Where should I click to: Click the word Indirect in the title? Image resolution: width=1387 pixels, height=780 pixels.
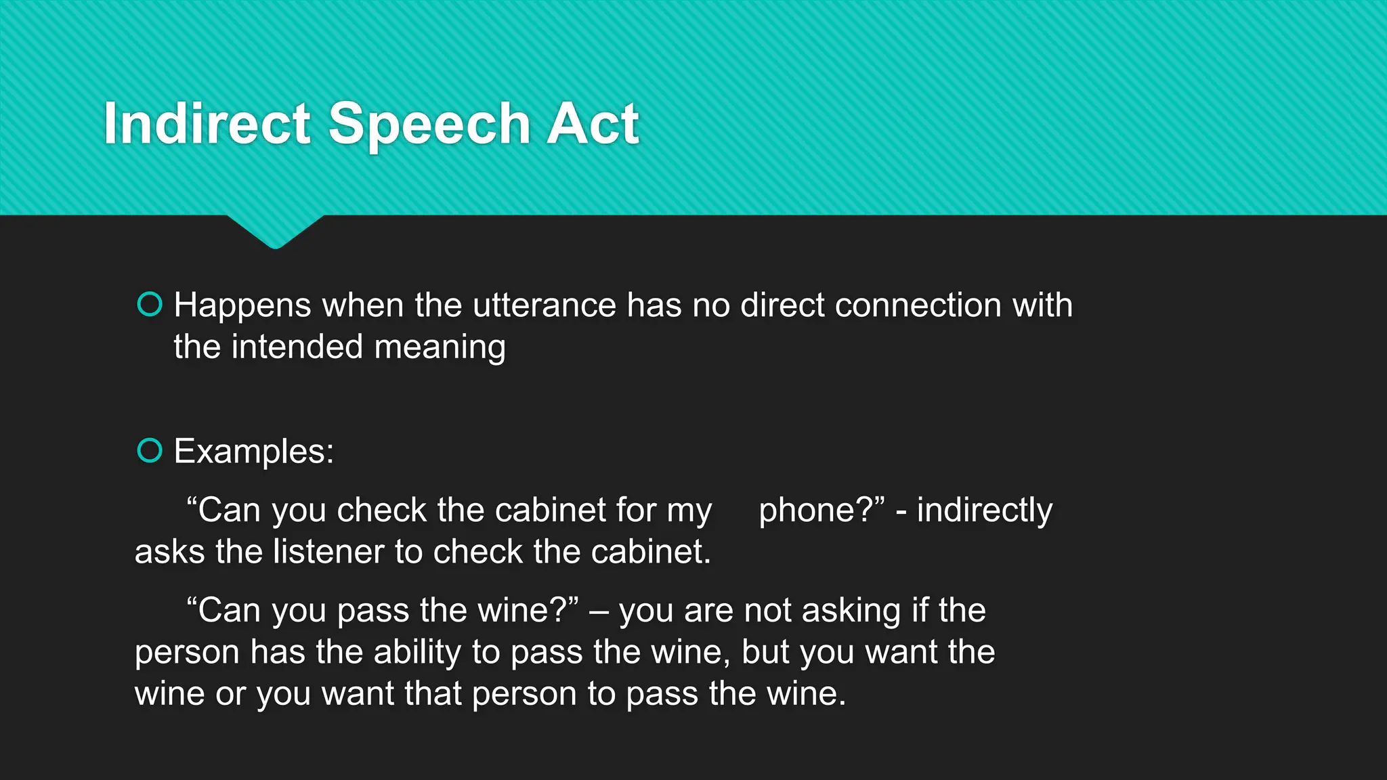[x=207, y=123]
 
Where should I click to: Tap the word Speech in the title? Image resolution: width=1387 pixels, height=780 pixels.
[x=429, y=125]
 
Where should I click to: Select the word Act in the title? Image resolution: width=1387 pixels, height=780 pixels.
[x=593, y=123]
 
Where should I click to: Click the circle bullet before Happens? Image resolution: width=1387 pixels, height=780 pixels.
[x=150, y=305]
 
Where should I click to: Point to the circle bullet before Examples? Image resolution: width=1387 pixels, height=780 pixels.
[x=150, y=451]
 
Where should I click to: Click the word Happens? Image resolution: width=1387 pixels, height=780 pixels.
[x=242, y=306]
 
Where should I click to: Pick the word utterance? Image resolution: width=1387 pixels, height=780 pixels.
[x=545, y=305]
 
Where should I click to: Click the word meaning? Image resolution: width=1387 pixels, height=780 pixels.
[x=440, y=348]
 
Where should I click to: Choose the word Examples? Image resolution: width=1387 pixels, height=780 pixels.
[x=253, y=452]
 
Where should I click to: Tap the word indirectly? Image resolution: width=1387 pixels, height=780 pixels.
[x=985, y=511]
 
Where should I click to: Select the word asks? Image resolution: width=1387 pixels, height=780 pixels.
[x=169, y=552]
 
